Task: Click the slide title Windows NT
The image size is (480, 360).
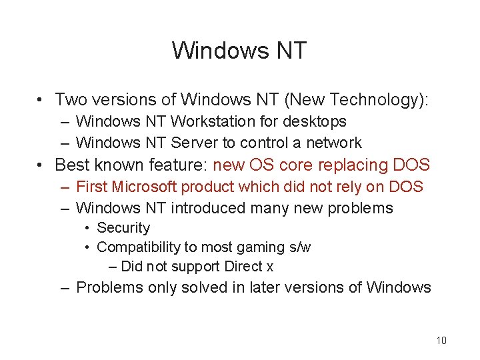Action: (239, 50)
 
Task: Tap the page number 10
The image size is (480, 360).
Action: (441, 341)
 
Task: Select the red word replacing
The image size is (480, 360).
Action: (356, 165)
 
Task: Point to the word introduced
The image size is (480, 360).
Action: (208, 208)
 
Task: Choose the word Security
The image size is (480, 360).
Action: (123, 228)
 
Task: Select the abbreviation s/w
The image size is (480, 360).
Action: (297, 247)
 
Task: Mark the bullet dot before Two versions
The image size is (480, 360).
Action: (41, 101)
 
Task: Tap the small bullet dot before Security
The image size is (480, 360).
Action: (87, 228)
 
